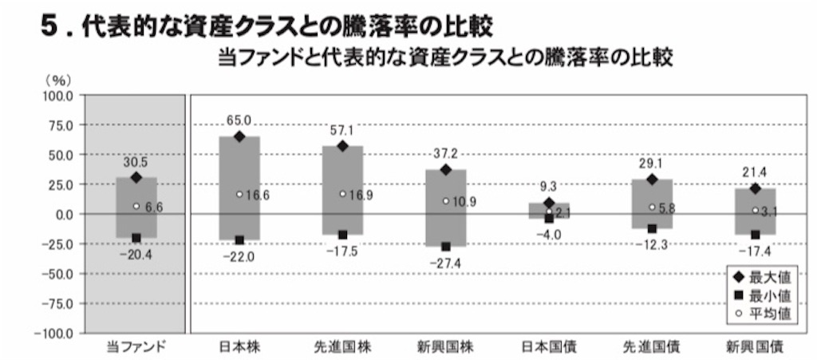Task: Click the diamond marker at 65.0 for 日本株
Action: pyautogui.click(x=239, y=137)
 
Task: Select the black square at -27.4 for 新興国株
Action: pyautogui.click(x=446, y=247)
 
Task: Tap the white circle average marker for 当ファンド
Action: pyautogui.click(x=136, y=206)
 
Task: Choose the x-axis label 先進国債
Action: pyautogui.click(x=652, y=346)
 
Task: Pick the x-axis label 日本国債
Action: pyautogui.click(x=549, y=346)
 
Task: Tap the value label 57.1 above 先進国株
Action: pyautogui.click(x=343, y=129)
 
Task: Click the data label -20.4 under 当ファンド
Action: pyautogui.click(x=136, y=254)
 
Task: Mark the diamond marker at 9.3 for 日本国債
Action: pyautogui.click(x=549, y=204)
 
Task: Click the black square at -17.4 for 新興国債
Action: pyautogui.click(x=756, y=235)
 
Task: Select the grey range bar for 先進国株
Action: pyautogui.click(x=343, y=190)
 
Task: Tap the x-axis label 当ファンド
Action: pyautogui.click(x=136, y=346)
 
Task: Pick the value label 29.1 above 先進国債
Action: pyautogui.click(x=652, y=163)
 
